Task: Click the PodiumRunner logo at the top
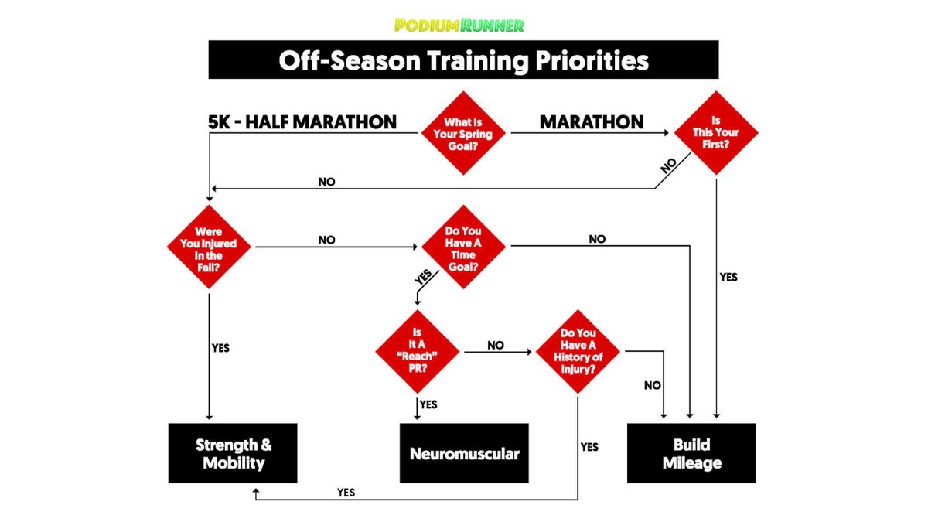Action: (459, 25)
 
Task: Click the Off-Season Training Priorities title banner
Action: (463, 60)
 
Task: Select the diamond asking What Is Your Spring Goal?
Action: (462, 133)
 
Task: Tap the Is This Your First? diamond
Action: (716, 133)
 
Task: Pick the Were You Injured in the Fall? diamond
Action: (209, 247)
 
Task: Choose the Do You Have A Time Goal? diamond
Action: (462, 247)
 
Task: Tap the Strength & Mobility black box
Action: (233, 453)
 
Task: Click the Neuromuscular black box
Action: (464, 453)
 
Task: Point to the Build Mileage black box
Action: (691, 453)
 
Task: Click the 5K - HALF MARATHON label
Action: (302, 122)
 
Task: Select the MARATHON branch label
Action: (592, 122)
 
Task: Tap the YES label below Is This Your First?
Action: (728, 277)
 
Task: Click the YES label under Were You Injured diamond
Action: (220, 347)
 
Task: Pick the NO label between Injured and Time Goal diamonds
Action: (326, 240)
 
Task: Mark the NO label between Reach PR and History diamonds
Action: (496, 345)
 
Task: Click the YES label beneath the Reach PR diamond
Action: (428, 404)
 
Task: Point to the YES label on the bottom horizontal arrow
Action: (346, 492)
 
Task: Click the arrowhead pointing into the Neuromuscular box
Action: (418, 418)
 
